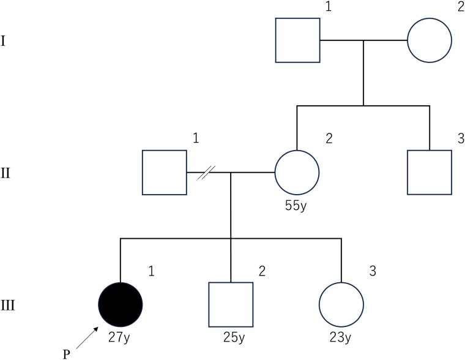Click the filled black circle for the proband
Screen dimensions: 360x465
coord(121,304)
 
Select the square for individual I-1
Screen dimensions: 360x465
coord(298,40)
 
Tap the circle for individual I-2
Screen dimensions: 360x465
coord(430,40)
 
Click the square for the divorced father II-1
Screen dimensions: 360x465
coord(165,173)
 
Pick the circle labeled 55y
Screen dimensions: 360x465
coord(297,173)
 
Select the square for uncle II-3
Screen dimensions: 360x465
coord(430,173)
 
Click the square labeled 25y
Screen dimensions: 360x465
coord(231,304)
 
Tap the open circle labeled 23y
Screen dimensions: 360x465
coord(341,304)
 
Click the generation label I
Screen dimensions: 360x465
coord(5,44)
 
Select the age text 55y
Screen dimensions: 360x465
coord(297,203)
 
